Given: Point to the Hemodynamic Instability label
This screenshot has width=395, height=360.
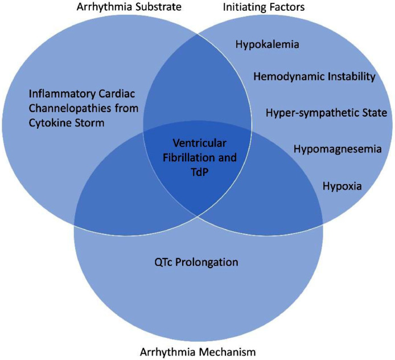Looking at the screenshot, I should click(315, 76).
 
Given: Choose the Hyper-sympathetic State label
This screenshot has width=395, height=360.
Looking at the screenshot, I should click(326, 112).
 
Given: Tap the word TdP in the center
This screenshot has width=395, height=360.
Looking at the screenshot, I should click(197, 170).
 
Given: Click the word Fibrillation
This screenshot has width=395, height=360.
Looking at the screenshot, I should click(190, 156).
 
